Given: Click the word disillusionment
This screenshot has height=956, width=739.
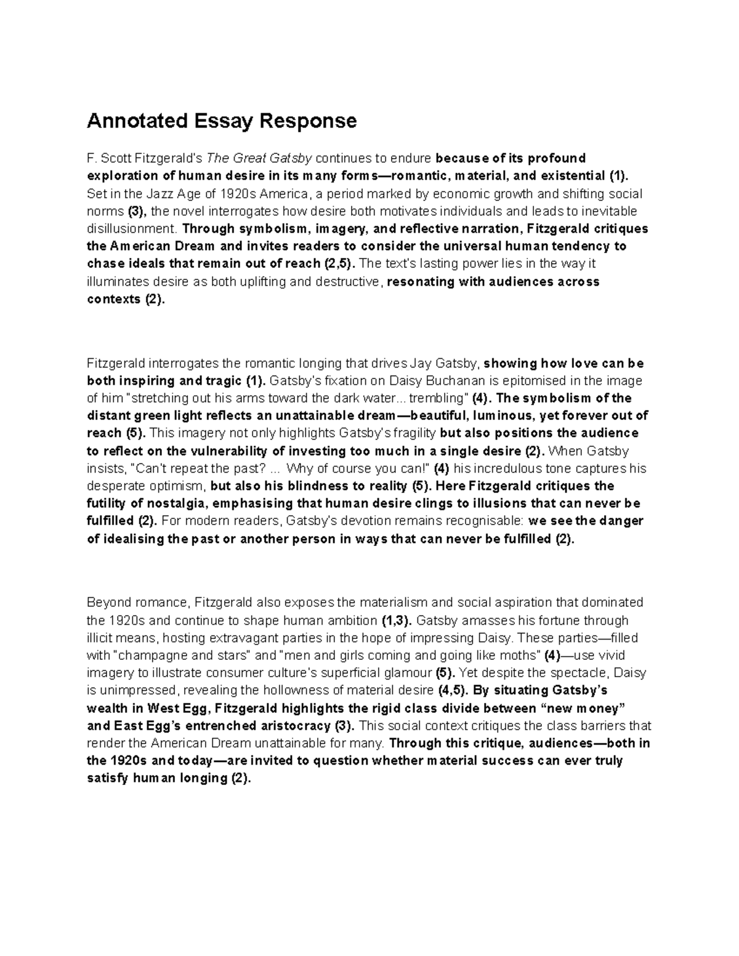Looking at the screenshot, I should (x=131, y=229).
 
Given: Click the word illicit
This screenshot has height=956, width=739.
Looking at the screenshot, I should (x=100, y=638).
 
